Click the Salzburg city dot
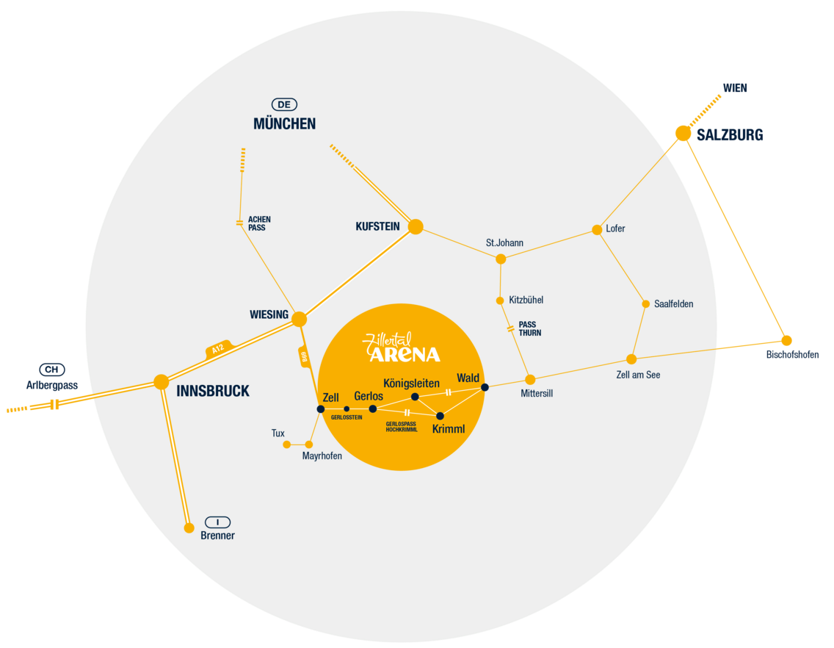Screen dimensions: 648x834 pyautogui.click(x=683, y=133)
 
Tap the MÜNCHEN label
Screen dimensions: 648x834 pyautogui.click(x=284, y=124)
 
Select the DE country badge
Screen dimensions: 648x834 pyautogui.click(x=284, y=105)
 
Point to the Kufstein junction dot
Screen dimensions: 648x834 pyautogui.click(x=416, y=226)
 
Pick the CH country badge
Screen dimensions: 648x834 pyautogui.click(x=51, y=370)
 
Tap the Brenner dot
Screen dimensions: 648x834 pyautogui.click(x=189, y=528)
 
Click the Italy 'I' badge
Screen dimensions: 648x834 pyautogui.click(x=217, y=522)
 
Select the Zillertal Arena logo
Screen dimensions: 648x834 pyautogui.click(x=402, y=348)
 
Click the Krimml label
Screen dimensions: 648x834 pyautogui.click(x=449, y=429)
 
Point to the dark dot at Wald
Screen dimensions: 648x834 pyautogui.click(x=485, y=387)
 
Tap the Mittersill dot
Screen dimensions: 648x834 pyautogui.click(x=530, y=380)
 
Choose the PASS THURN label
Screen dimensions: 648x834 pyautogui.click(x=529, y=328)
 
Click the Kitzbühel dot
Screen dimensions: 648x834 pyautogui.click(x=500, y=300)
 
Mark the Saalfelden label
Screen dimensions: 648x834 pyautogui.click(x=673, y=304)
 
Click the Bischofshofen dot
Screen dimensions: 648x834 pyautogui.click(x=786, y=340)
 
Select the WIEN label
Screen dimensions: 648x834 pyautogui.click(x=735, y=88)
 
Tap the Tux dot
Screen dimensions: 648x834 pyautogui.click(x=287, y=444)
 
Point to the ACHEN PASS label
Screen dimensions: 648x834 pyautogui.click(x=259, y=223)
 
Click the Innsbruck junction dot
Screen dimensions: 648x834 pyautogui.click(x=162, y=381)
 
